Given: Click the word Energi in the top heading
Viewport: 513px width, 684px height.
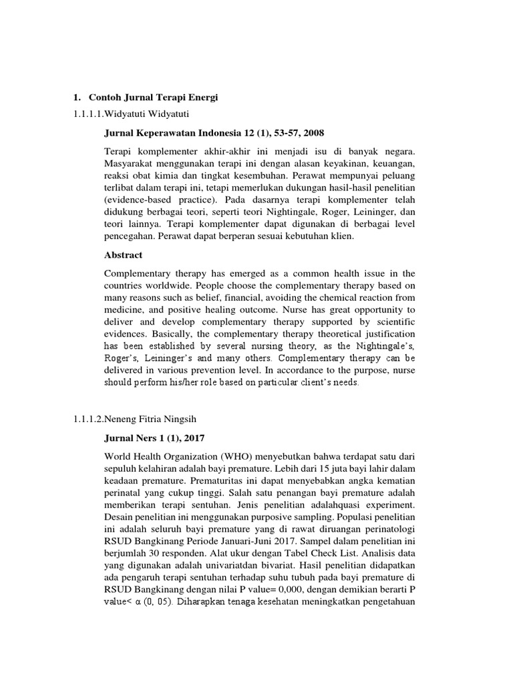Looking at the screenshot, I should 202,98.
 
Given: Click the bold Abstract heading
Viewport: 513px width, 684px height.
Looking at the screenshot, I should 124,254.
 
